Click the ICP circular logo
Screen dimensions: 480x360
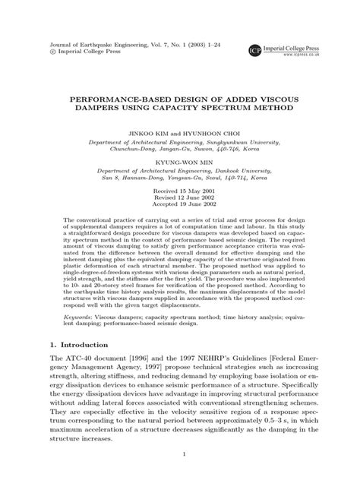pyautogui.click(x=255, y=51)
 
